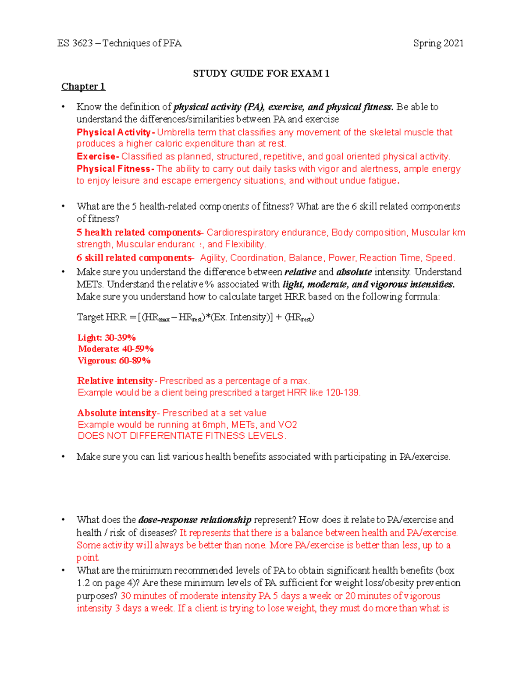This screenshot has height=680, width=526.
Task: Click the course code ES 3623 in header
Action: pyautogui.click(x=75, y=43)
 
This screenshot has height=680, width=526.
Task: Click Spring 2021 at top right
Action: pyautogui.click(x=438, y=43)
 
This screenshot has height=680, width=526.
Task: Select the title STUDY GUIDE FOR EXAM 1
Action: pyautogui.click(x=261, y=74)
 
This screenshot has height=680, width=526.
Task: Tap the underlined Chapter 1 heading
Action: pyautogui.click(x=83, y=87)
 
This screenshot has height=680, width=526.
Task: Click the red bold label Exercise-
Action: pyautogui.click(x=98, y=157)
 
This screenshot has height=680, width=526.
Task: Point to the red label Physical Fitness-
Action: pyautogui.click(x=115, y=169)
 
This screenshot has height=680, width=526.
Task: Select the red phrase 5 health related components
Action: pyautogui.click(x=139, y=233)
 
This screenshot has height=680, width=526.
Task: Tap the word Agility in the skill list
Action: pyautogui.click(x=213, y=258)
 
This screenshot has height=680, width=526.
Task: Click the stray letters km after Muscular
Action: pyautogui.click(x=458, y=233)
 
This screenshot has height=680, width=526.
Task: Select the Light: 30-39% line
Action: pyautogui.click(x=107, y=338)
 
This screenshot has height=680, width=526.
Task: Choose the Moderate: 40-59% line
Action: pyautogui.click(x=116, y=349)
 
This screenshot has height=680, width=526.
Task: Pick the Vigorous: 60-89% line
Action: pyautogui.click(x=114, y=361)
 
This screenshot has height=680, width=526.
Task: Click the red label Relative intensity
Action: pyautogui.click(x=115, y=381)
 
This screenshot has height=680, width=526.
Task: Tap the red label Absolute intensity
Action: pyautogui.click(x=117, y=413)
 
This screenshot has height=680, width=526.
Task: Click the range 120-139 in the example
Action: pyautogui.click(x=342, y=393)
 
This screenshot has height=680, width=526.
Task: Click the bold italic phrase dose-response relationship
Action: pyautogui.click(x=195, y=520)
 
